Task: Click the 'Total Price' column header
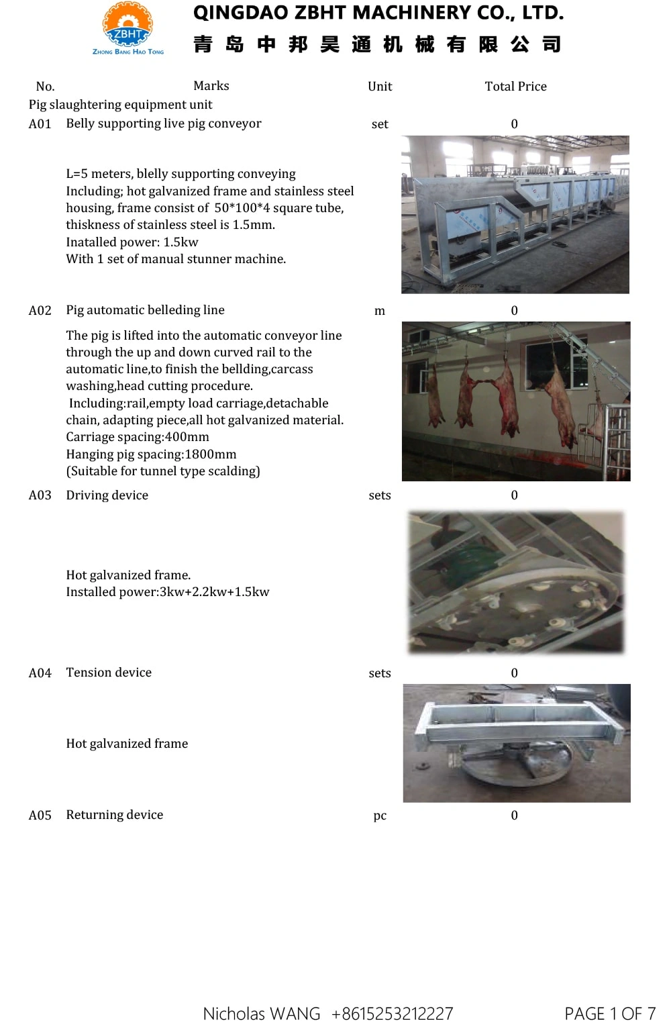pyautogui.click(x=515, y=87)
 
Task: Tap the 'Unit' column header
pyautogui.click(x=380, y=87)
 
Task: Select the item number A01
pyautogui.click(x=40, y=124)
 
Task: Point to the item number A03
pyautogui.click(x=40, y=495)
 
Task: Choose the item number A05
pyautogui.click(x=40, y=816)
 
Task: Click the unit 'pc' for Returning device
pyautogui.click(x=380, y=816)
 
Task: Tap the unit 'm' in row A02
pyautogui.click(x=380, y=311)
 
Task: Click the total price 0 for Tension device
pyautogui.click(x=515, y=673)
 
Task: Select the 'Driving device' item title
pyautogui.click(x=107, y=495)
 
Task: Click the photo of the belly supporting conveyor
pyautogui.click(x=515, y=215)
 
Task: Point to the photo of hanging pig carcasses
pyautogui.click(x=516, y=401)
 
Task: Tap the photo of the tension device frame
pyautogui.click(x=517, y=743)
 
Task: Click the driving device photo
pyautogui.click(x=516, y=582)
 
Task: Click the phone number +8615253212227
pyautogui.click(x=393, y=1014)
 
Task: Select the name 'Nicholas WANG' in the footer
pyautogui.click(x=262, y=1014)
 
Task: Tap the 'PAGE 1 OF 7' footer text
pyautogui.click(x=610, y=1014)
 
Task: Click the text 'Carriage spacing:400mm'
pyautogui.click(x=138, y=437)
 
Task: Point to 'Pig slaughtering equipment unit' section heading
pyautogui.click(x=121, y=105)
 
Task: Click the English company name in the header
pyautogui.click(x=378, y=13)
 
